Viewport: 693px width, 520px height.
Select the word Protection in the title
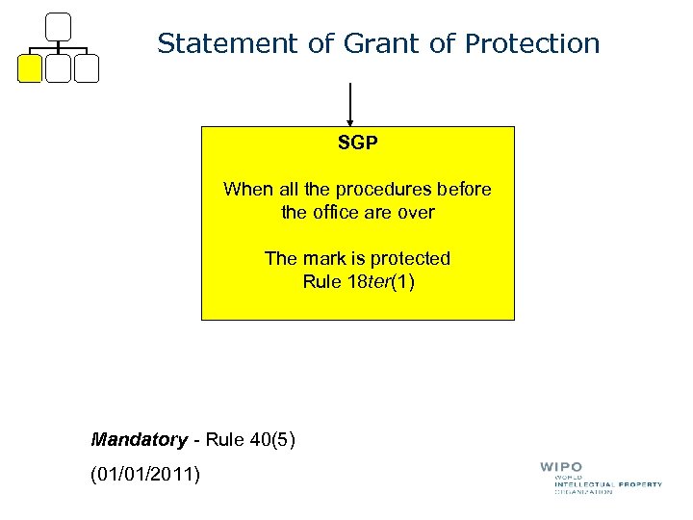coord(532,43)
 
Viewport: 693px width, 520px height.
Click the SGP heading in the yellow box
coord(357,144)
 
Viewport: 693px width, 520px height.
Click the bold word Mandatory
coord(139,440)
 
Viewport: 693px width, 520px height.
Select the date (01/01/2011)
coord(145,473)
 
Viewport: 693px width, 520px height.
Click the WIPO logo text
coord(561,468)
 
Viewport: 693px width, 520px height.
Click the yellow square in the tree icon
coord(31,68)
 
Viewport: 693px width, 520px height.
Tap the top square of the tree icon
coord(59,27)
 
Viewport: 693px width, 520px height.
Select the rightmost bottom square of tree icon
coord(87,68)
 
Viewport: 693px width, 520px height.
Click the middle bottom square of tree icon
coord(59,68)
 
